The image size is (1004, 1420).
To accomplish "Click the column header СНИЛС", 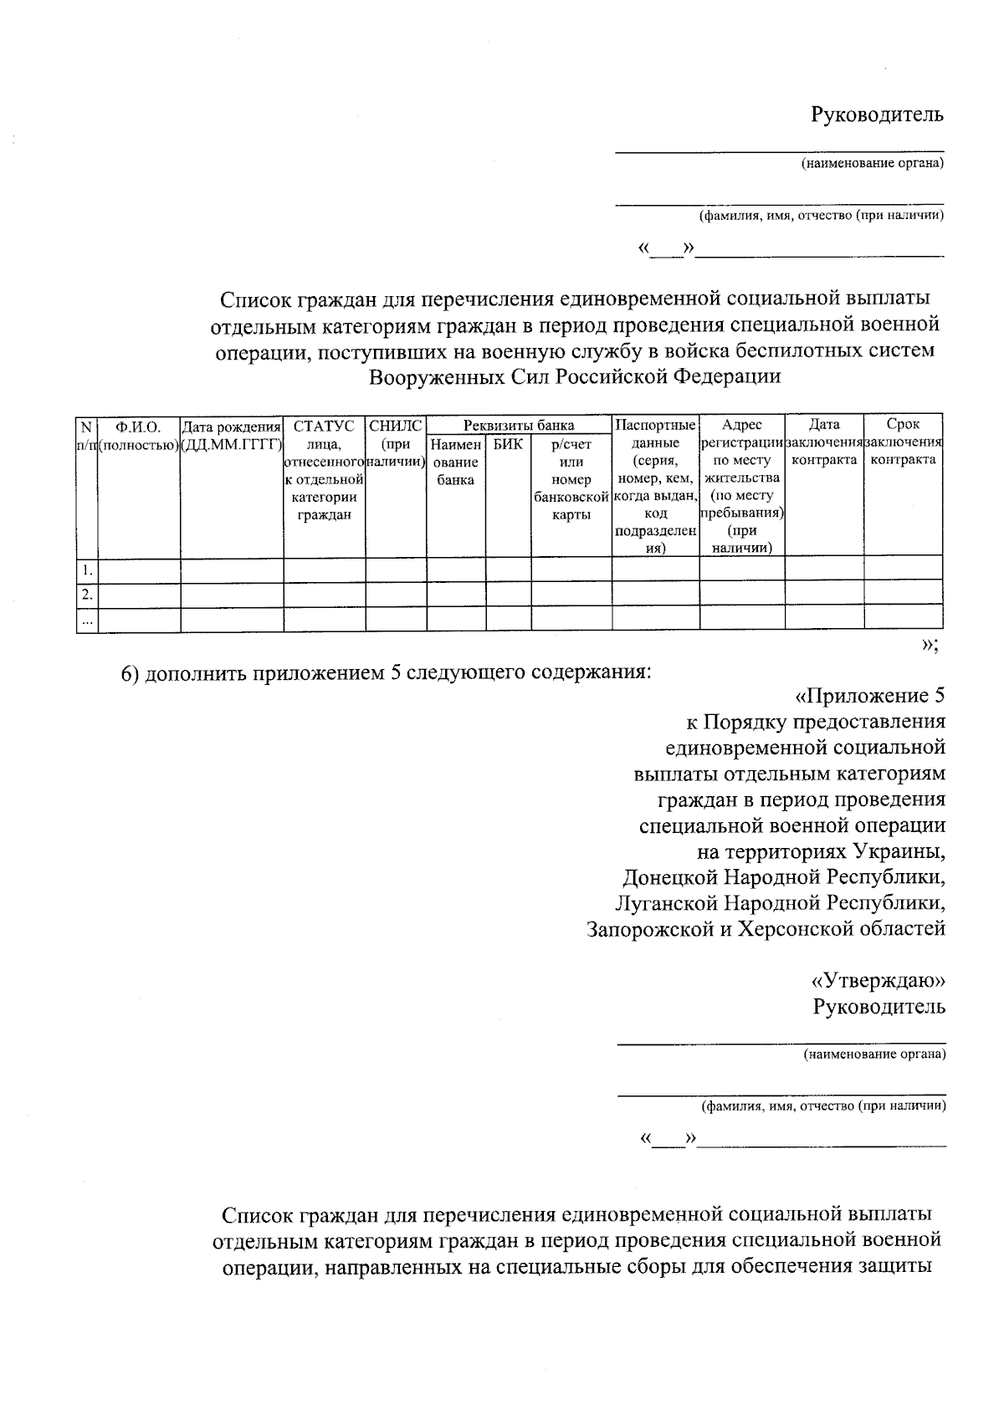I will click(396, 426).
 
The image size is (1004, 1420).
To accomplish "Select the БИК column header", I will click(507, 444).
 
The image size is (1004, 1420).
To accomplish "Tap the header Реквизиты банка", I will click(519, 426).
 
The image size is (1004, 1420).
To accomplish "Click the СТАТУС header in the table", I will click(324, 426).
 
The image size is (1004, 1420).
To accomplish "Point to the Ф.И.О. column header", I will click(138, 427).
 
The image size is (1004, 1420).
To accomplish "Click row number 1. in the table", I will click(87, 570).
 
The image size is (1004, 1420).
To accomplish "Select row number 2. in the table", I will click(87, 595).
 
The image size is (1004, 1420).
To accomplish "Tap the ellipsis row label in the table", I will click(87, 621).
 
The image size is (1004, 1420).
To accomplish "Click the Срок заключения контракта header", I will click(903, 442).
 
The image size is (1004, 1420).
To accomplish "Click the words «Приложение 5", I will click(869, 696).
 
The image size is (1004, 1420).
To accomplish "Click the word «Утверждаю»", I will click(878, 979).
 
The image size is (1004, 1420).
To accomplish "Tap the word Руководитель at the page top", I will click(877, 115).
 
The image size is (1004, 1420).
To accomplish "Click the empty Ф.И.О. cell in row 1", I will click(139, 570).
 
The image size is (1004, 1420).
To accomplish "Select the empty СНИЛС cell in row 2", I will click(396, 595).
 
